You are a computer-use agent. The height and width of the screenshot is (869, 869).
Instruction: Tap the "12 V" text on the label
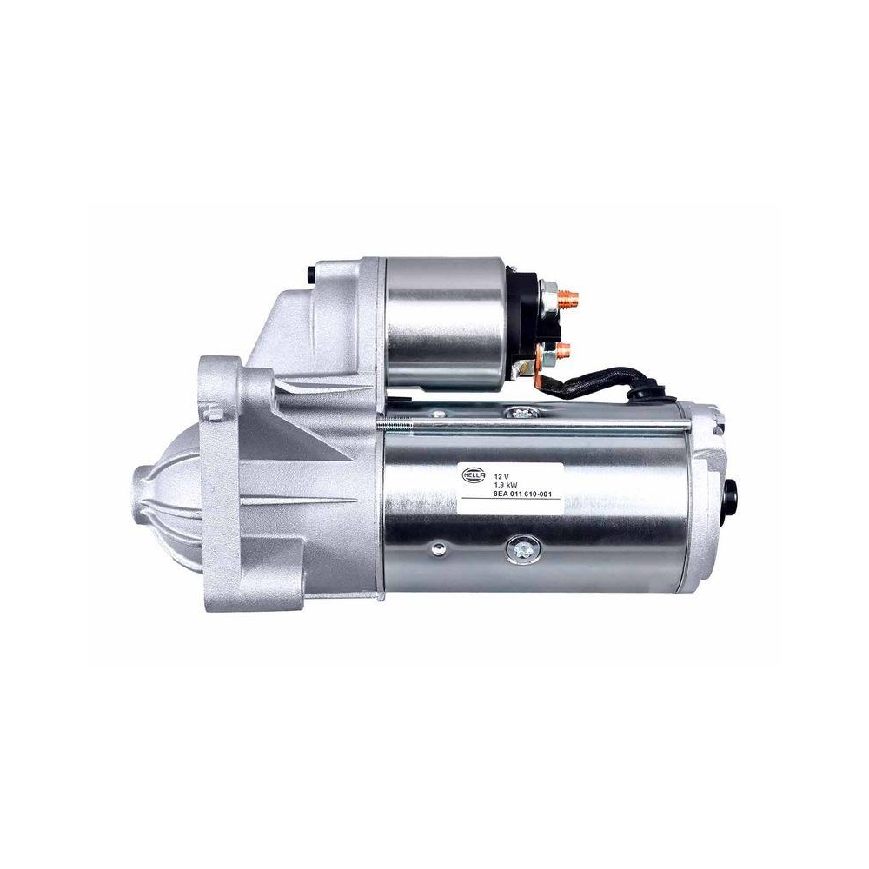point(501,477)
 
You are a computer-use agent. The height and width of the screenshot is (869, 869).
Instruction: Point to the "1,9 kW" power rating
point(505,487)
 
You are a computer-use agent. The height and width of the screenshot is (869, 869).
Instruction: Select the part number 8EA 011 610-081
point(522,496)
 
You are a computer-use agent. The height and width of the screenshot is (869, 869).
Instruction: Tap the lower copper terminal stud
point(563,352)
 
